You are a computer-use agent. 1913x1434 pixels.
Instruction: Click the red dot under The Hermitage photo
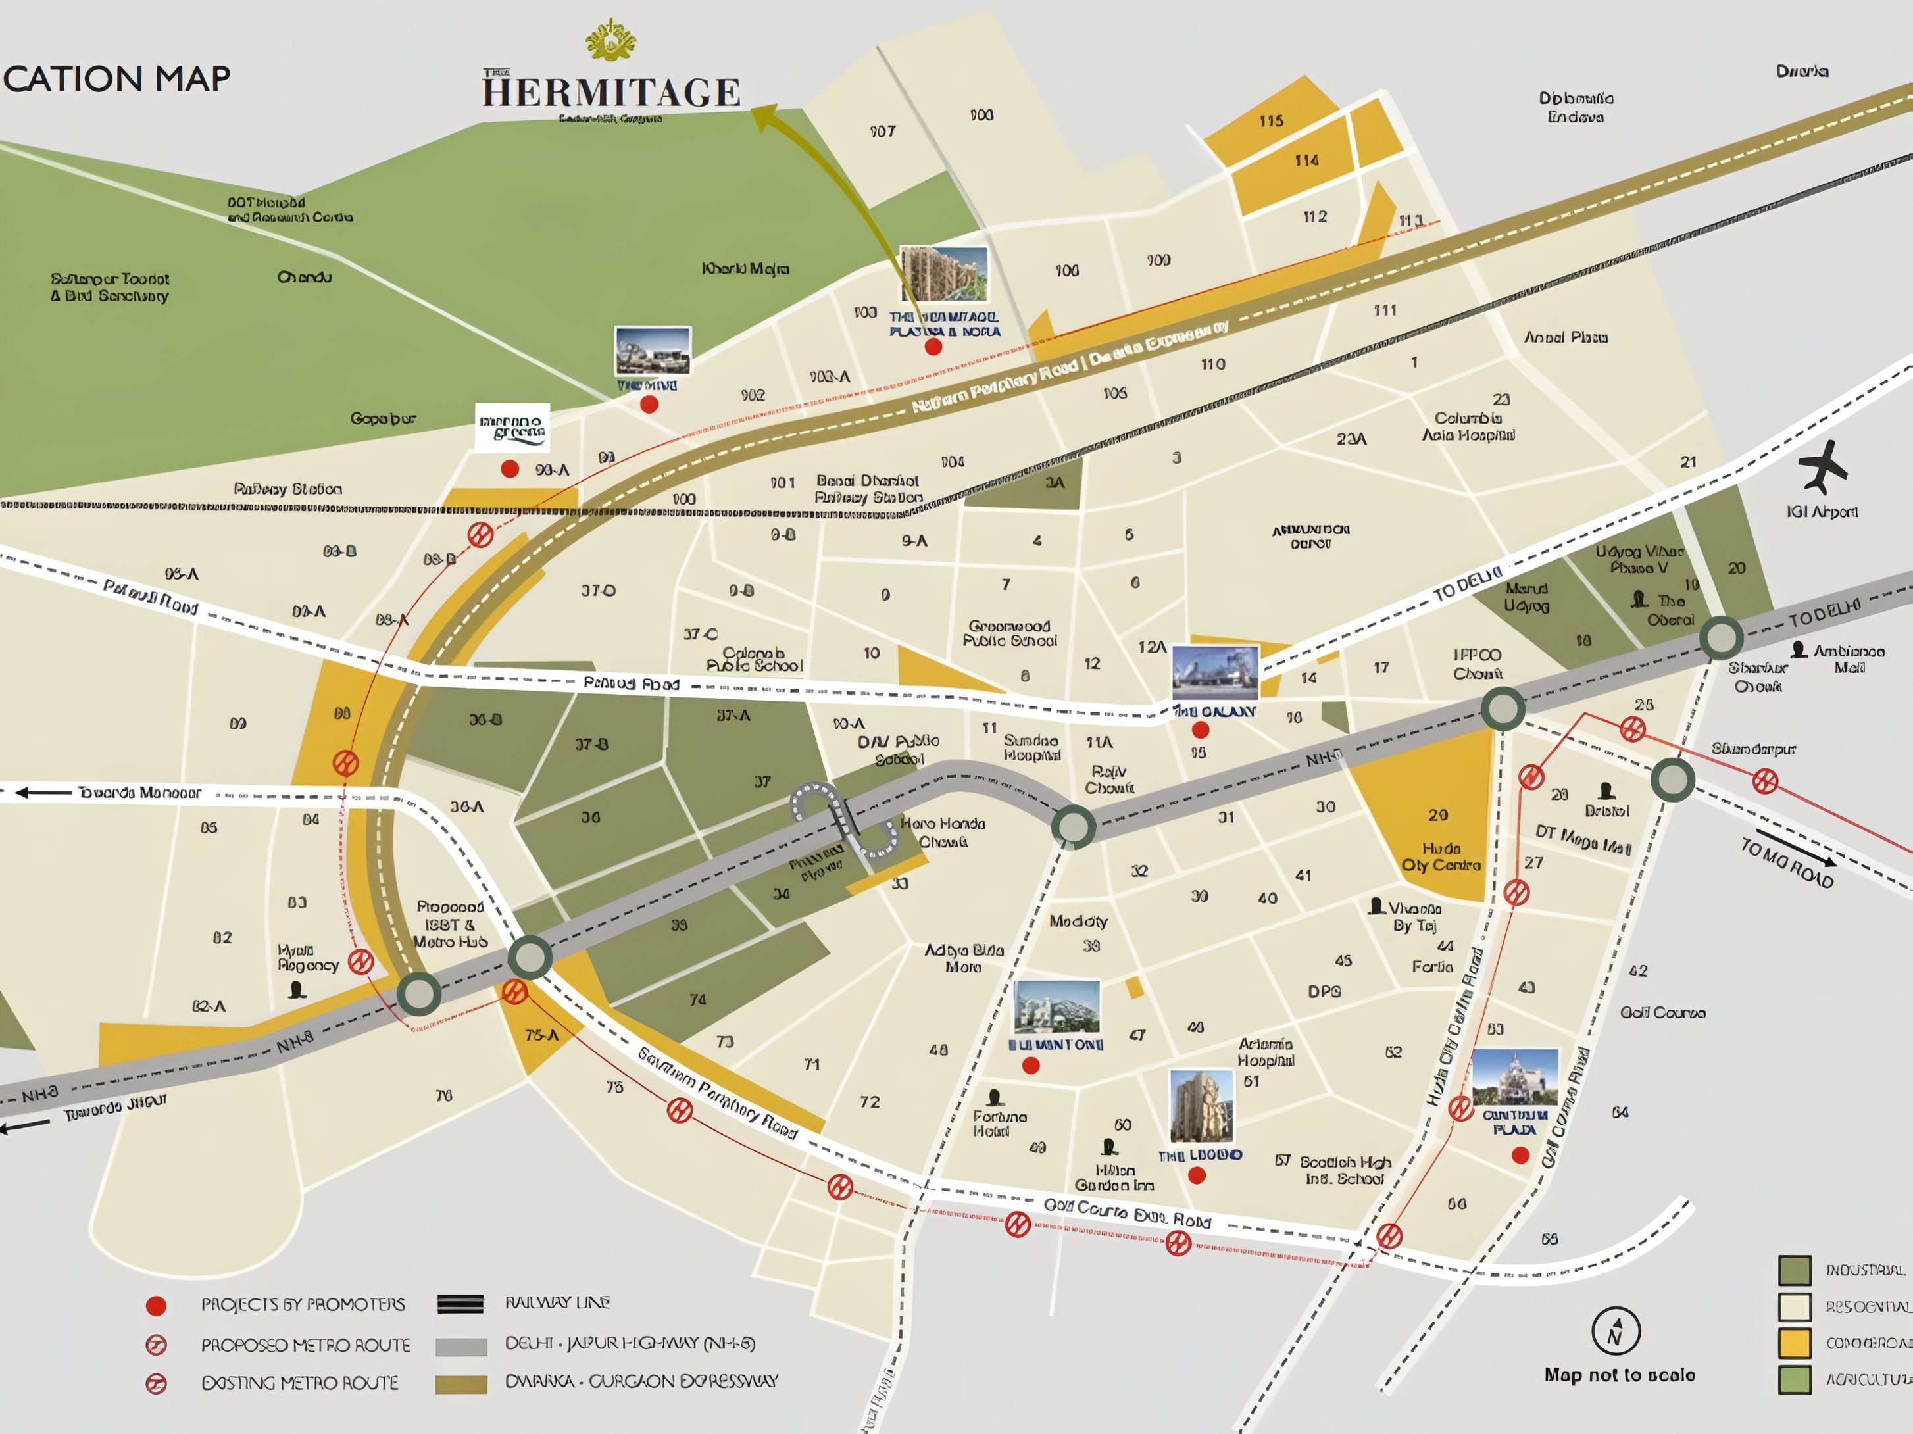(x=933, y=347)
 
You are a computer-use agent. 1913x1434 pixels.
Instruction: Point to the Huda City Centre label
(x=1441, y=856)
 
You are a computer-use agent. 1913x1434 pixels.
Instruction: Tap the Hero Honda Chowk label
(x=943, y=832)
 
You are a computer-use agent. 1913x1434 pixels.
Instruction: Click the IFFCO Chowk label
(x=1477, y=663)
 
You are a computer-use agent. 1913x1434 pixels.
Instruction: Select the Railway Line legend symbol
(x=461, y=1303)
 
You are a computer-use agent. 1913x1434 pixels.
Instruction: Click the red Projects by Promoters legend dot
(x=157, y=1306)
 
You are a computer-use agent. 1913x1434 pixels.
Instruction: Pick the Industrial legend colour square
(x=1795, y=1270)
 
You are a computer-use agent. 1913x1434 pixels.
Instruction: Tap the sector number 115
(x=1270, y=121)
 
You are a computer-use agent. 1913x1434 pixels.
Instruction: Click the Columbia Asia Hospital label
(x=1468, y=426)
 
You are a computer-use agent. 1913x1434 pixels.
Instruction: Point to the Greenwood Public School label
(x=1009, y=633)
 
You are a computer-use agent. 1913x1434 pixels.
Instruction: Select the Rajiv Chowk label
(x=1108, y=779)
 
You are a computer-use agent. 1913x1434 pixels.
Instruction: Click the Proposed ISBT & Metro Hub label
(x=450, y=924)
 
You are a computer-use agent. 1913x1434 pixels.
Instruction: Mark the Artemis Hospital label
(x=1264, y=1052)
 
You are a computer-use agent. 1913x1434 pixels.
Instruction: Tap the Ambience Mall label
(x=1848, y=658)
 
